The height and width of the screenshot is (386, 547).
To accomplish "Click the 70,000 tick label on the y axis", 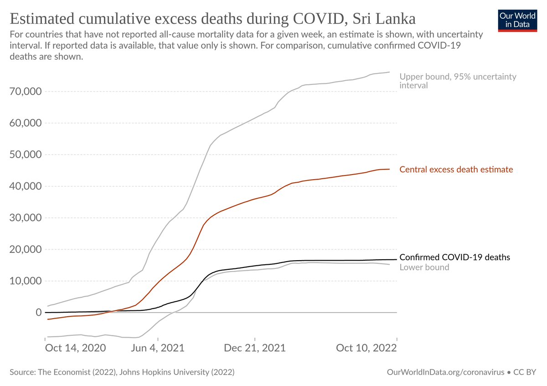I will tap(26, 92).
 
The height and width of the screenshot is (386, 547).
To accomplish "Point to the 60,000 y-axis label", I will tap(26, 123).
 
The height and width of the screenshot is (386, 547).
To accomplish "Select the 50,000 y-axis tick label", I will tap(26, 154).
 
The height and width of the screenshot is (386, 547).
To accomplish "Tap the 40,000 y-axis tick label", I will tap(26, 186).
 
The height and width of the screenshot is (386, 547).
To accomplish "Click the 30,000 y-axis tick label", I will tap(26, 218).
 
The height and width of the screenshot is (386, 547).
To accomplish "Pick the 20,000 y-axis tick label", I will tap(26, 249).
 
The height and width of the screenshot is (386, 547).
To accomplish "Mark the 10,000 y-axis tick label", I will tap(26, 281).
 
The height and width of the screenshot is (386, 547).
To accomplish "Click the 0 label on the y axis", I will tap(39, 313).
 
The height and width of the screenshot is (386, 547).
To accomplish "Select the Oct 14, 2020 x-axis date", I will tap(76, 348).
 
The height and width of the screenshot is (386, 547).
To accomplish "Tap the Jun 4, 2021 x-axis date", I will tap(158, 348).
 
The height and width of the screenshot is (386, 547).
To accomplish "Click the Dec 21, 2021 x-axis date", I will tap(255, 348).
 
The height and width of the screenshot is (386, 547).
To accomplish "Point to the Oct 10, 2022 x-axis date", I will tap(366, 348).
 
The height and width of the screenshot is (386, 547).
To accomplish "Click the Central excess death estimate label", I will tap(456, 170).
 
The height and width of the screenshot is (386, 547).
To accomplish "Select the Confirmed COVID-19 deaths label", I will tap(454, 257).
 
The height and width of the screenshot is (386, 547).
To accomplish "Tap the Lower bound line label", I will tap(424, 268).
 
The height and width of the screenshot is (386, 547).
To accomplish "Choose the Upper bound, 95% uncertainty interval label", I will tap(458, 81).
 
